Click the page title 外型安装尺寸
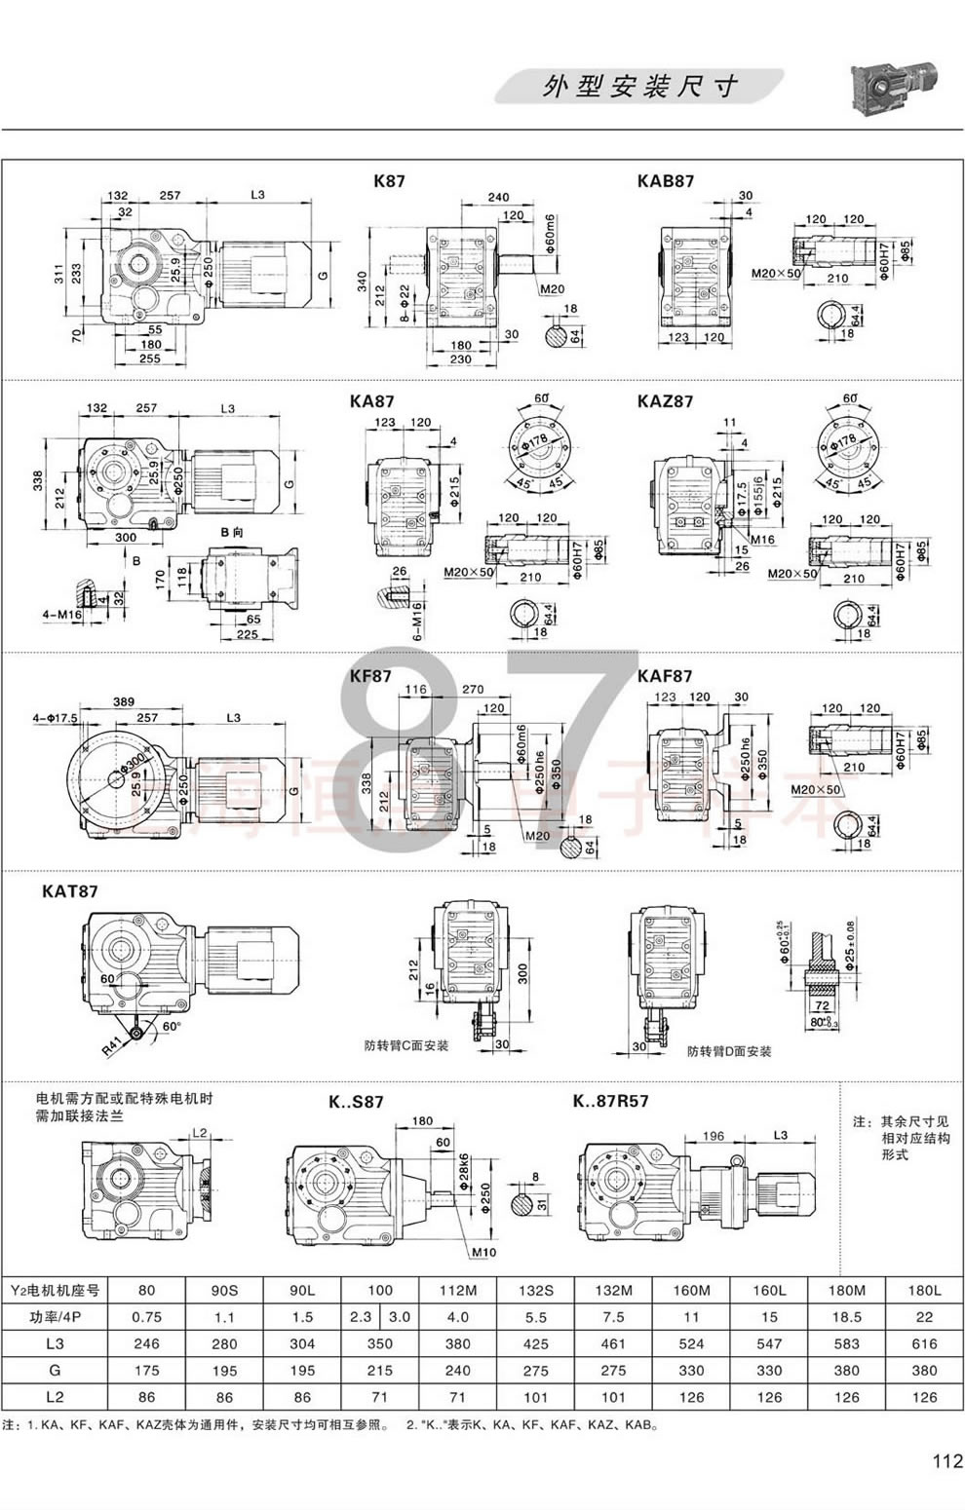[x=638, y=87]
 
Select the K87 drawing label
[x=389, y=180]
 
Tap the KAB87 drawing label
[x=666, y=180]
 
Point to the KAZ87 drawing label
[x=665, y=400]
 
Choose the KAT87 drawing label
[x=70, y=890]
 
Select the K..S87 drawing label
[x=356, y=1102]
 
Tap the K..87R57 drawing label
[x=611, y=1101]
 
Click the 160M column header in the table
[x=691, y=1290]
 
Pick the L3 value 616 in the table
[x=924, y=1343]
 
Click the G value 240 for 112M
[x=457, y=1370]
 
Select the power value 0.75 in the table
[x=146, y=1316]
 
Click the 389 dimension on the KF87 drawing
[x=123, y=701]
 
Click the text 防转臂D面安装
[x=728, y=1051]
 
